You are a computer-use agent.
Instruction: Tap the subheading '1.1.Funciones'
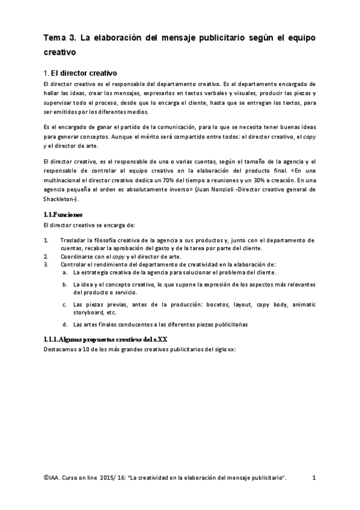point(63,214)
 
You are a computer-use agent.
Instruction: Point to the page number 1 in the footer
point(314,478)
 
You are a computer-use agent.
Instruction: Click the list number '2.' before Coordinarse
point(46,256)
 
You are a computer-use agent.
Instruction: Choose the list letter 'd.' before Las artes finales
point(64,324)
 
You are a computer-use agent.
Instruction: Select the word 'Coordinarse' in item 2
point(78,256)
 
